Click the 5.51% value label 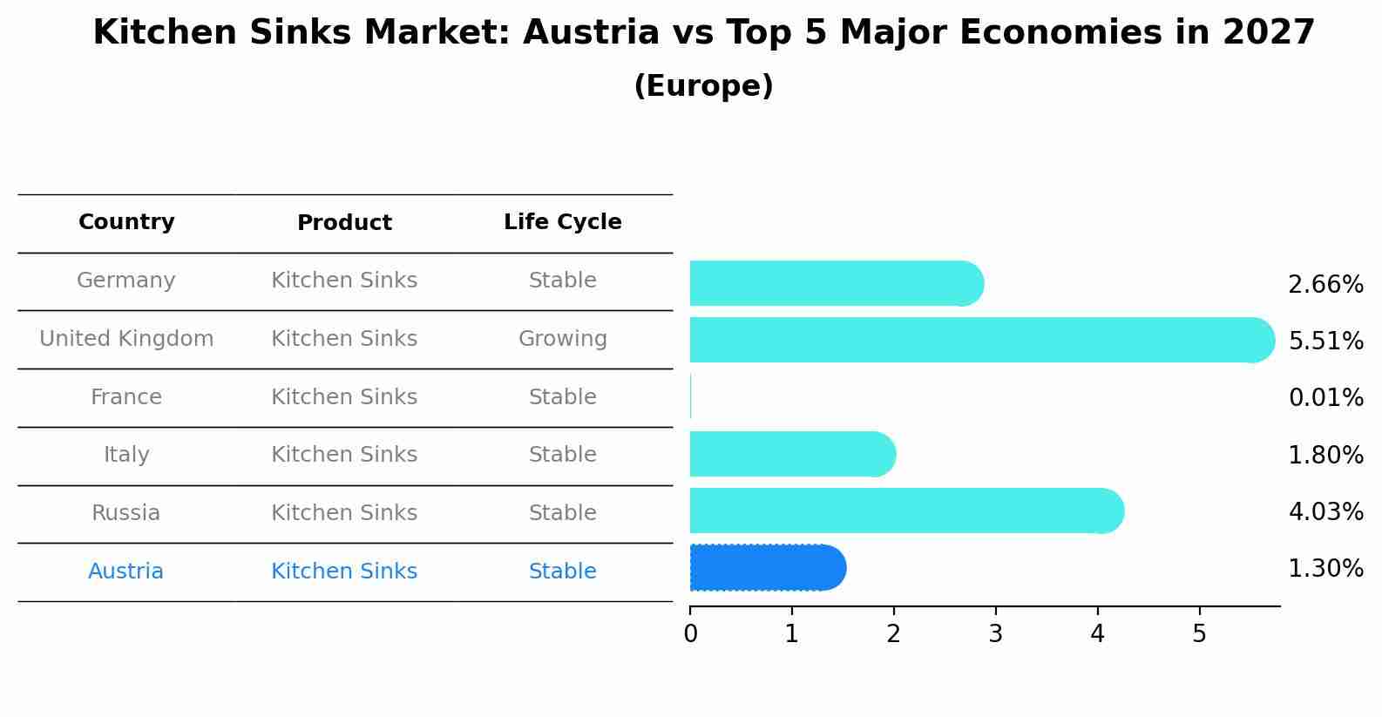(x=1325, y=341)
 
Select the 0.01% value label (x=1325, y=398)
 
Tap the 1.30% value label (x=1325, y=569)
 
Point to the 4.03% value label (x=1325, y=511)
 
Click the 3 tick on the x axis (x=995, y=634)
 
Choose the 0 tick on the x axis (x=690, y=634)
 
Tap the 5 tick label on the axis (x=1199, y=634)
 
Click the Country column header (x=126, y=222)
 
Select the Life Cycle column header (x=562, y=222)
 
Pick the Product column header (x=344, y=223)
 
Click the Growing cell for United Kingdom (x=562, y=339)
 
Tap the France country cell (x=126, y=397)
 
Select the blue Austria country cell (x=126, y=572)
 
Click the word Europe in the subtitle (x=703, y=86)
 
